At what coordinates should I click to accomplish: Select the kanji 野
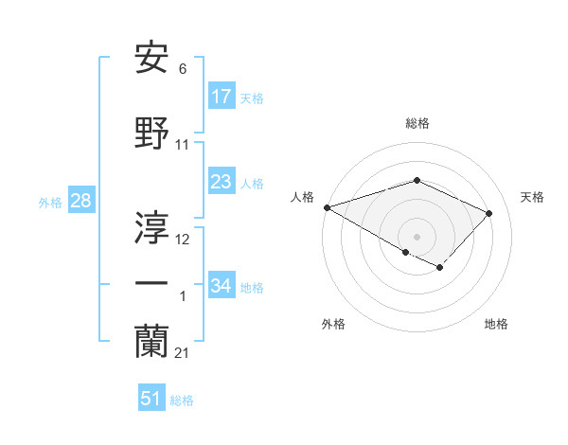152,134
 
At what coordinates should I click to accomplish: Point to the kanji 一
152,284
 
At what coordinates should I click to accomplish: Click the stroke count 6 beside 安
182,68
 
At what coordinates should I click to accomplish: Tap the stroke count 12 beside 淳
183,240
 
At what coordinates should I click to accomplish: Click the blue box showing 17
222,96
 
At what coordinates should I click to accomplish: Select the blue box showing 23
222,182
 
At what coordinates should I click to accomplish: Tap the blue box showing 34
222,285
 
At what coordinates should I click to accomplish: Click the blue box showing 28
80,201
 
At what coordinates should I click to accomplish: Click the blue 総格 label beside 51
182,400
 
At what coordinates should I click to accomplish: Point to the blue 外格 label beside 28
50,202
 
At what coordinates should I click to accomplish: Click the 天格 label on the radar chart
533,197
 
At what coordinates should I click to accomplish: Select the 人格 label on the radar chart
302,197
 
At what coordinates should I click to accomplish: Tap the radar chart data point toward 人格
327,207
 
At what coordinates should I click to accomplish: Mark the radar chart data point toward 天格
488,213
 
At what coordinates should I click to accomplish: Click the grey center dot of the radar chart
417,236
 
